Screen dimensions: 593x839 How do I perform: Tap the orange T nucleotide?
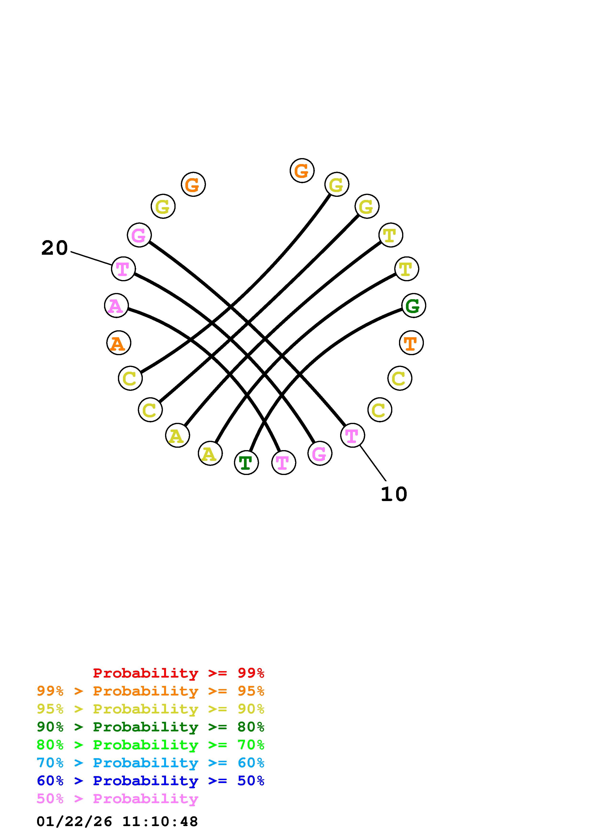coord(411,343)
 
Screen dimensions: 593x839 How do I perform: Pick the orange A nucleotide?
coord(118,343)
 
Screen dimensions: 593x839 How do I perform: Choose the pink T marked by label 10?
coord(352,435)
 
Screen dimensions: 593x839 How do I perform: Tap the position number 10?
coord(393,494)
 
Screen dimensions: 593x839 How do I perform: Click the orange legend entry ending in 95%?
coord(150,691)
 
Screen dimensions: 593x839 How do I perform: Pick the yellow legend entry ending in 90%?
coord(150,709)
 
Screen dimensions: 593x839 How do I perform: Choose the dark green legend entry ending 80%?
coord(150,727)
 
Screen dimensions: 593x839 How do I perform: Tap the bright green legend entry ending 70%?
coord(150,745)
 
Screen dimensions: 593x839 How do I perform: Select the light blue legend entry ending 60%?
coord(150,763)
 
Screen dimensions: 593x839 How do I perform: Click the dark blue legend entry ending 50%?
coord(150,781)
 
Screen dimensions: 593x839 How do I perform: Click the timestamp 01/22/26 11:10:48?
coord(117,822)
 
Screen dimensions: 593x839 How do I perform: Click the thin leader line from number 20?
coord(91,258)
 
